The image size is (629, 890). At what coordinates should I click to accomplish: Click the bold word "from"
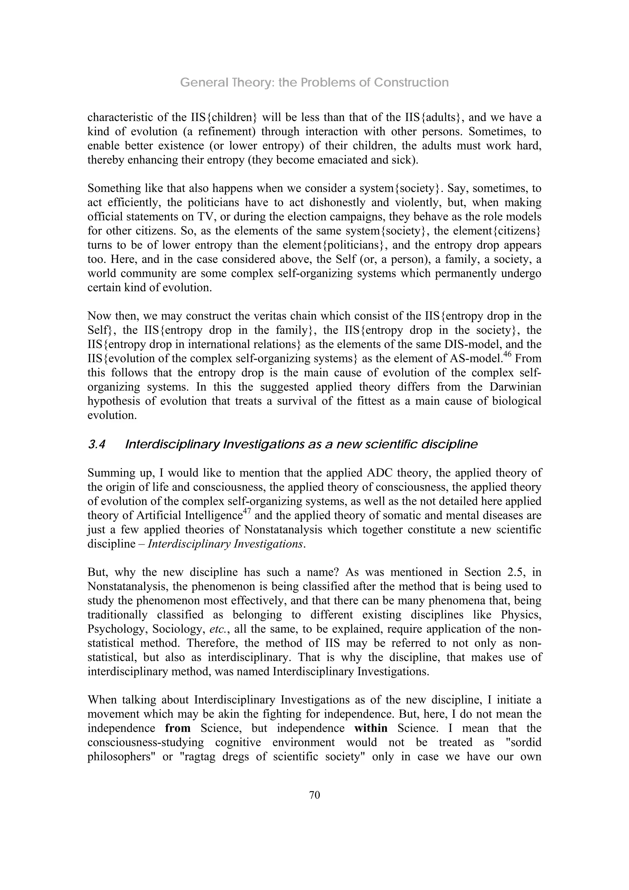click(x=178, y=728)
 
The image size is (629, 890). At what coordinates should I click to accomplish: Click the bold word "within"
click(x=371, y=728)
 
